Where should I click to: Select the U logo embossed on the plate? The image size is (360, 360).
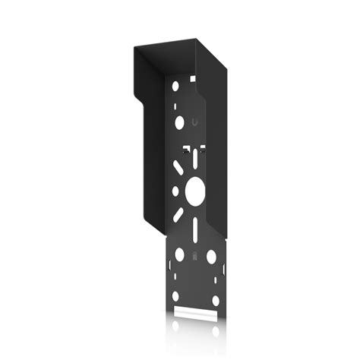coord(196,122)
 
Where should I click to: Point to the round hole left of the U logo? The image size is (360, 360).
coord(179,121)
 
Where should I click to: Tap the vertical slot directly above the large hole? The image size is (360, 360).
coord(196,159)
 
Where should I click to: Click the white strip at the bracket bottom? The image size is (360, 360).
coord(195,312)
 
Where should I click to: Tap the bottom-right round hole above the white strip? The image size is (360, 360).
coord(215,300)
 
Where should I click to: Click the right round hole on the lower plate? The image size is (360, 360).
coord(212,258)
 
